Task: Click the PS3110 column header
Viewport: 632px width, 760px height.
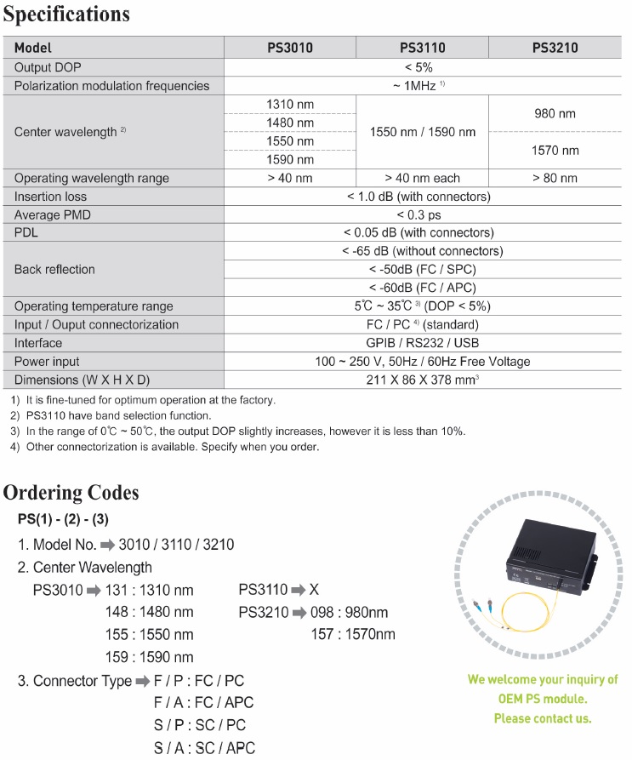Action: tap(422, 48)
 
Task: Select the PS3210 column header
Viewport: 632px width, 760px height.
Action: tap(555, 48)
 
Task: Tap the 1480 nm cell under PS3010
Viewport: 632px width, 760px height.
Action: tap(290, 123)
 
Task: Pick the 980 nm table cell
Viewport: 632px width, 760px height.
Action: tap(555, 113)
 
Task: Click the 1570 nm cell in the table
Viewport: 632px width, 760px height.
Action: tap(555, 151)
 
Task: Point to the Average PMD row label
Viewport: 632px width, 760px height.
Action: tap(53, 215)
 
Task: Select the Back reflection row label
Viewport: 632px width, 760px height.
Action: tap(54, 269)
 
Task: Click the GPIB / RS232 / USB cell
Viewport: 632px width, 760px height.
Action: tap(422, 343)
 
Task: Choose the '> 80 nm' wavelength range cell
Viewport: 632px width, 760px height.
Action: tap(555, 178)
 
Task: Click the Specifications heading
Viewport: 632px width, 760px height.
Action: tap(67, 14)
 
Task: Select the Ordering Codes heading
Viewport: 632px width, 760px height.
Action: tap(71, 493)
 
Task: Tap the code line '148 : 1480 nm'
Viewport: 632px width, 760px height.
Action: tap(150, 612)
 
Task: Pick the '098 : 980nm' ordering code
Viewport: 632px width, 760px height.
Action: tap(350, 612)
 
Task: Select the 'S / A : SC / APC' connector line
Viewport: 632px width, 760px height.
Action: tap(203, 748)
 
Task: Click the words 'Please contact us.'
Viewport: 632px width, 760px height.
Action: tap(542, 718)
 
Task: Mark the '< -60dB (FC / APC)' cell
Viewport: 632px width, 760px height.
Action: tap(422, 288)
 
